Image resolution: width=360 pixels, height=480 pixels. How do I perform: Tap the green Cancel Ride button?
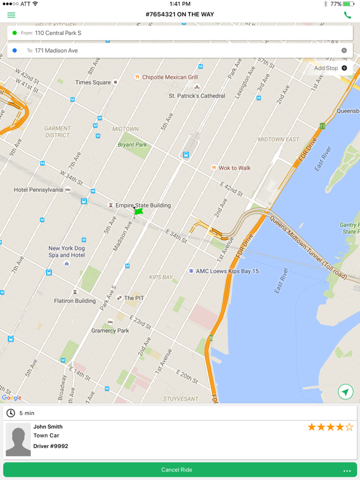[x=177, y=470]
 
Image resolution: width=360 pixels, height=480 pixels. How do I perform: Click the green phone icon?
[x=347, y=15]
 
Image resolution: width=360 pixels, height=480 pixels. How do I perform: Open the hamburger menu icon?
[x=11, y=15]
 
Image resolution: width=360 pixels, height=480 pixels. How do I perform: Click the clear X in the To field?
[x=344, y=51]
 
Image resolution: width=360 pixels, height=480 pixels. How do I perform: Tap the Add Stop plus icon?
[x=344, y=68]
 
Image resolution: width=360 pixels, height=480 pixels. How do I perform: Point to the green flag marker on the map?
[x=138, y=212]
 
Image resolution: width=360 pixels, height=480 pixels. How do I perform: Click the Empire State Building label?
[x=142, y=205]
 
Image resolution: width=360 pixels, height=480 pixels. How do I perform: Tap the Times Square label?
[x=92, y=82]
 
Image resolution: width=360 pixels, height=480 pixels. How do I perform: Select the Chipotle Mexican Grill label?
[x=169, y=77]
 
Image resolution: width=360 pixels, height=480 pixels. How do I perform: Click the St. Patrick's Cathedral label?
[x=197, y=96]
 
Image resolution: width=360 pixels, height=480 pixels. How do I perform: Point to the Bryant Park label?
[x=132, y=145]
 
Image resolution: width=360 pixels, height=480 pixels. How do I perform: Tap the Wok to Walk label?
[x=234, y=168]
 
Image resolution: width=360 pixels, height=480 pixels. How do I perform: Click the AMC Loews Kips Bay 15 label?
[x=227, y=271]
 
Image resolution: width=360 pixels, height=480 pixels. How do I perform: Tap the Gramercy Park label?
[x=110, y=331]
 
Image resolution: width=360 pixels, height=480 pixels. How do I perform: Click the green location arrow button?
[x=345, y=392]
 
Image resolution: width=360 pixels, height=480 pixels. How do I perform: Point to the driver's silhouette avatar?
[x=18, y=440]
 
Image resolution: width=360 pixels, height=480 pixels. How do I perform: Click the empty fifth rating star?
[x=349, y=427]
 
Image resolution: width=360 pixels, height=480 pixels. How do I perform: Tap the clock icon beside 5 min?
[x=11, y=413]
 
